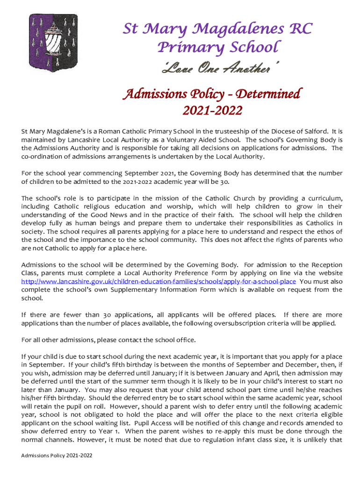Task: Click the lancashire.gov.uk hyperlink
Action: tap(158, 282)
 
